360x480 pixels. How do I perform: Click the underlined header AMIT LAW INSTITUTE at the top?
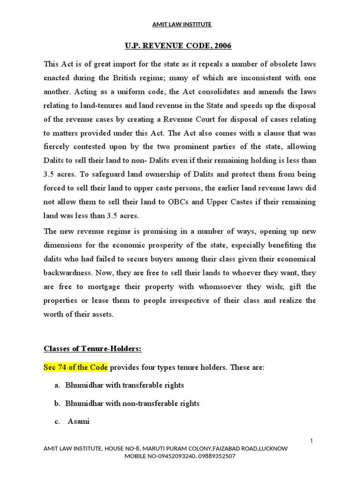182,24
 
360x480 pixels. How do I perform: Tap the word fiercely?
60,147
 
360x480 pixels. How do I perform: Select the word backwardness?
68,272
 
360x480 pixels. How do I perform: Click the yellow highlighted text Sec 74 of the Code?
75,367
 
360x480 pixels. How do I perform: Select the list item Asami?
78,421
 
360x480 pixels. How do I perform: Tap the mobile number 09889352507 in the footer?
218,456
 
